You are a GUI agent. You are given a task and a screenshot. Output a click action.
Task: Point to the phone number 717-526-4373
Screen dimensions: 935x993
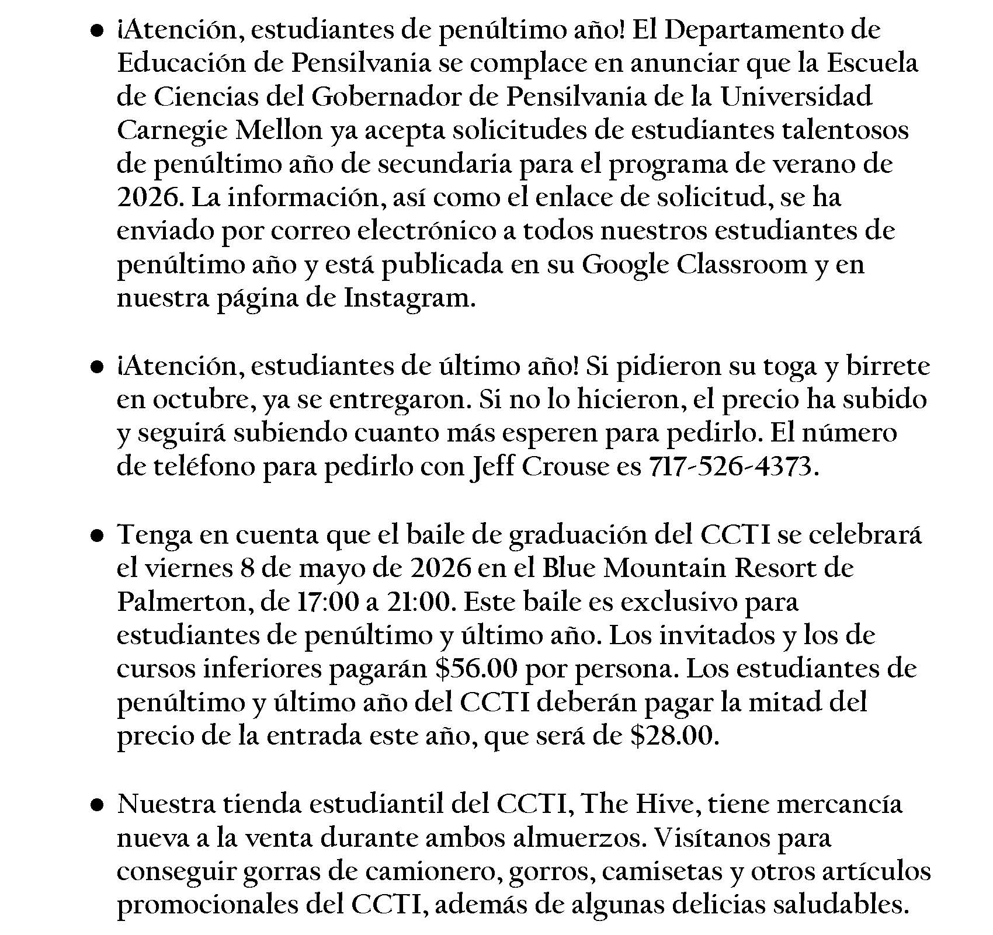point(730,467)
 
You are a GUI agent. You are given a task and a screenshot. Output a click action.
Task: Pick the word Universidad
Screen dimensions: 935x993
point(796,97)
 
